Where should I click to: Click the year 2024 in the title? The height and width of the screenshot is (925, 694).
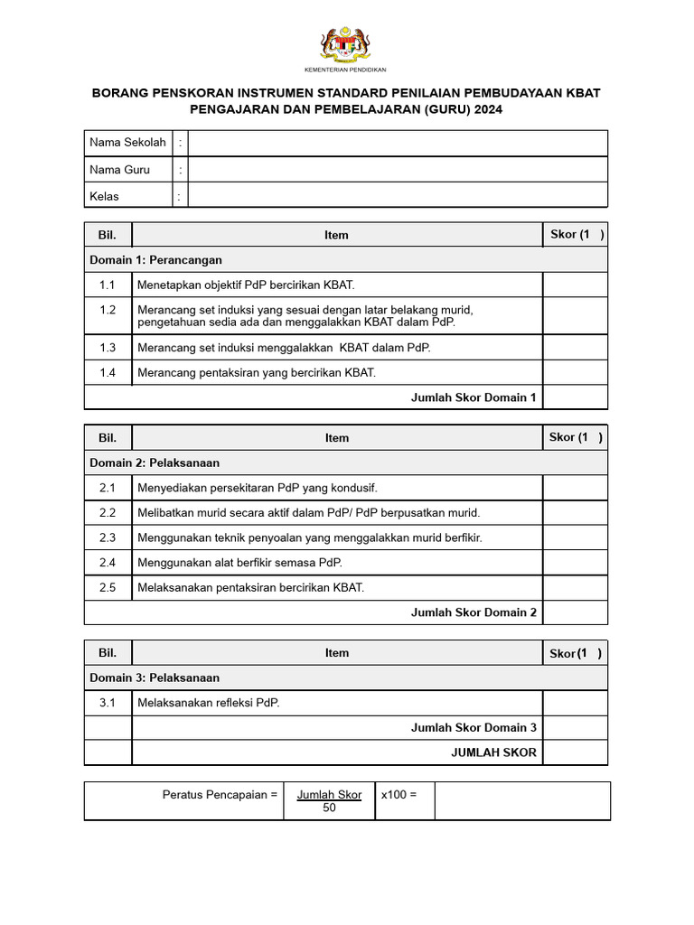tap(485, 109)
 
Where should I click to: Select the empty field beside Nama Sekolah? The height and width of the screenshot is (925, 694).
tap(398, 143)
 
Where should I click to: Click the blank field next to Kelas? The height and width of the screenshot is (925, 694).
tap(398, 196)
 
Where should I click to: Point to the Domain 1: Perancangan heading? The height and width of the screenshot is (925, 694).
tap(155, 260)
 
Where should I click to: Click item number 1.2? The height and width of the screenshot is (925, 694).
tap(108, 310)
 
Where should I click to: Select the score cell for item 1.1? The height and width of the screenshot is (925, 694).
tap(575, 285)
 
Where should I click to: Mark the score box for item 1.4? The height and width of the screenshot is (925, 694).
tap(575, 372)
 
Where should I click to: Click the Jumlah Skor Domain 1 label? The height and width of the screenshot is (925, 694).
tap(474, 397)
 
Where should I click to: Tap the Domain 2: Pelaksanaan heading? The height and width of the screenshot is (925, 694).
tap(155, 462)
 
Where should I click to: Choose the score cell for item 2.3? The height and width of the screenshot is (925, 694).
tap(575, 537)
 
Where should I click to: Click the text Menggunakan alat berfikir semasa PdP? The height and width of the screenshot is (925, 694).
tap(239, 563)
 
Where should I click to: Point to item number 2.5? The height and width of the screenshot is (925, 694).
tap(108, 587)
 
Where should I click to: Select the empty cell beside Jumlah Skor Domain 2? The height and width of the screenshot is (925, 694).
tap(575, 612)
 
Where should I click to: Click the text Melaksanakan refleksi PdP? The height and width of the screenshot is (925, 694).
tap(209, 703)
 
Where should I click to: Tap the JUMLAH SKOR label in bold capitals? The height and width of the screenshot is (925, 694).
tap(494, 752)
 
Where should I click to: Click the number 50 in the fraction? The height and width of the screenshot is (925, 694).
tap(329, 808)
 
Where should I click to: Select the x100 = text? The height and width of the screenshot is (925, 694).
tap(399, 795)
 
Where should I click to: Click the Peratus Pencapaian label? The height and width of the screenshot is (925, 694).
tap(220, 795)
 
